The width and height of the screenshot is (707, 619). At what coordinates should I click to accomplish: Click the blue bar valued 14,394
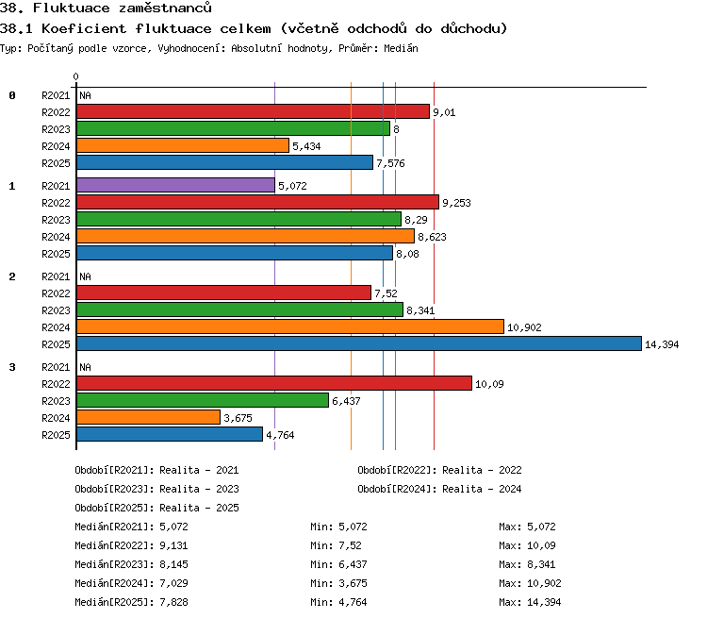359,343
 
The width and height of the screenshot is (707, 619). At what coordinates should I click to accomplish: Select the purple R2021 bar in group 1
176,185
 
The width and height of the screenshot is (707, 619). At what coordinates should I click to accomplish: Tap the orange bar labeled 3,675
148,417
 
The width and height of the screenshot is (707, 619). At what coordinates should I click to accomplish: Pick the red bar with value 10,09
274,383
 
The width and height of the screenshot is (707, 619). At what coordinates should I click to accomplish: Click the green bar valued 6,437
203,400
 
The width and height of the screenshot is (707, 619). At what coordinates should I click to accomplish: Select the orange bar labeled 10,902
290,326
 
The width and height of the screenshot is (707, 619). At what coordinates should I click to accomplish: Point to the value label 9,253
456,203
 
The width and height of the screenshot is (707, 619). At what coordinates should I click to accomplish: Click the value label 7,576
390,163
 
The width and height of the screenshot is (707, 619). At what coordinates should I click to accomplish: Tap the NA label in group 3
85,367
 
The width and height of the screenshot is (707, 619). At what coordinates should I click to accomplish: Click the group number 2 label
12,276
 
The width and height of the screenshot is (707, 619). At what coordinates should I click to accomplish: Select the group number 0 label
12,95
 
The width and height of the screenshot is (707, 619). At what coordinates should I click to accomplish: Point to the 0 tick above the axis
75,76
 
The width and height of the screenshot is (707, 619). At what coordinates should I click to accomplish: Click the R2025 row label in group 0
56,163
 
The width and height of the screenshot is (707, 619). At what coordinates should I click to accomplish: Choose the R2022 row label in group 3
56,384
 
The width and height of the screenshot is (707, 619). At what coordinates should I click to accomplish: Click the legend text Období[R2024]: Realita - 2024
439,489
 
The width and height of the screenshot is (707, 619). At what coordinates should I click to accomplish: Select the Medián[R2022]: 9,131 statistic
131,545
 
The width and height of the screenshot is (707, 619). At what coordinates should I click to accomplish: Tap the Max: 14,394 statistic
530,602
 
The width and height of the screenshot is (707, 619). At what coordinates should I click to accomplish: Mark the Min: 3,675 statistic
338,583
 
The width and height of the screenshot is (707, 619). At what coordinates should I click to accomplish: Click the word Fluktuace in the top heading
72,8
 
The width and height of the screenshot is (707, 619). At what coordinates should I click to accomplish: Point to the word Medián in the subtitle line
401,48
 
